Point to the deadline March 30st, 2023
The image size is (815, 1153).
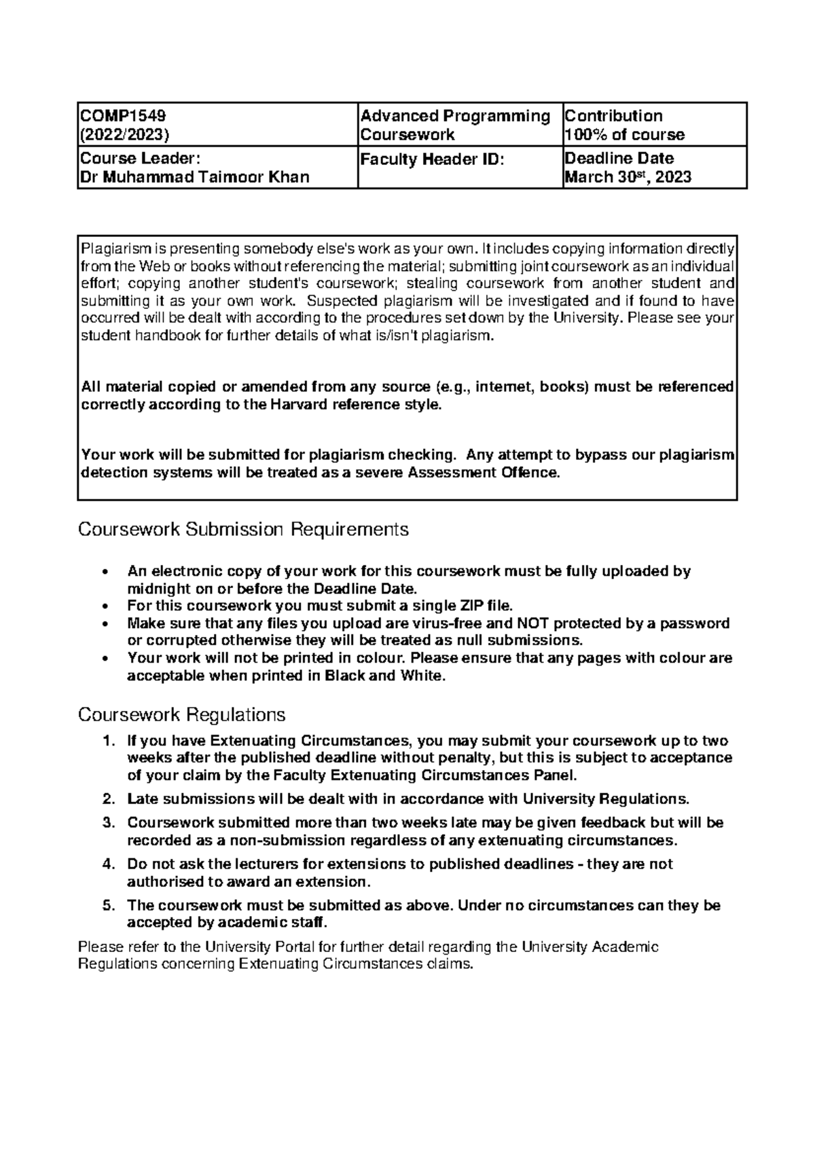click(628, 177)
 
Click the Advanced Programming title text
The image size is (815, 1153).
click(455, 115)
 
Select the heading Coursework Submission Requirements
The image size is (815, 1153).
click(243, 529)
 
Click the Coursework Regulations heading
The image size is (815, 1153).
click(181, 714)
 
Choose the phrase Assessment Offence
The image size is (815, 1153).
click(484, 473)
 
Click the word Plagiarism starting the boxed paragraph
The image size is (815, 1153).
click(111, 248)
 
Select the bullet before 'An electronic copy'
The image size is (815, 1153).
click(103, 572)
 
